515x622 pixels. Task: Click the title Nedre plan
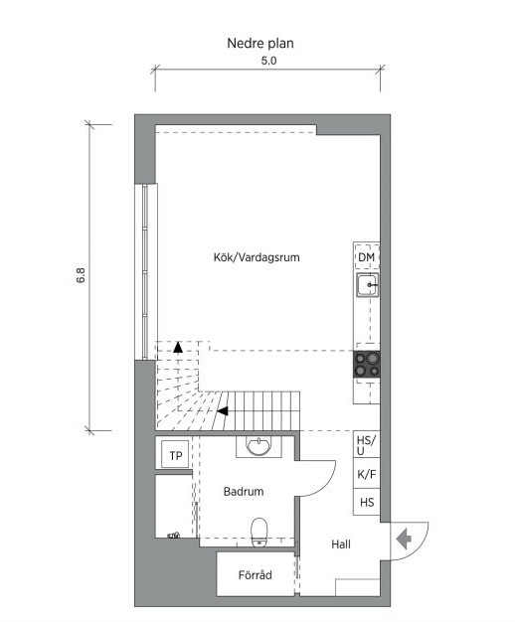pos(260,44)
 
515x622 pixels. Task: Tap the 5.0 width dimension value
pos(268,61)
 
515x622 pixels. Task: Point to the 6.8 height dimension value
pos(81,275)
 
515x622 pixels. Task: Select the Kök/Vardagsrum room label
pos(257,257)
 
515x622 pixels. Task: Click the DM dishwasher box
pos(366,257)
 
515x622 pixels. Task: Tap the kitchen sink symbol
pos(367,285)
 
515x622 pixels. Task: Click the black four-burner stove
pos(367,364)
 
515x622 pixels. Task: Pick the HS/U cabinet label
pos(366,445)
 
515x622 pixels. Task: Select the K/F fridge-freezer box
pos(367,474)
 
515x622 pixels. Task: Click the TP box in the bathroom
pos(176,455)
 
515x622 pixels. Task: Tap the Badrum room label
pos(244,492)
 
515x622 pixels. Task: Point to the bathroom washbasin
pos(258,446)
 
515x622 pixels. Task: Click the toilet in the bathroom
pos(259,532)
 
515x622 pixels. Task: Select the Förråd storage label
pos(255,574)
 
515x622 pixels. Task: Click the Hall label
pos(341,544)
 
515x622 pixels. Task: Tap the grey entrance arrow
pos(404,540)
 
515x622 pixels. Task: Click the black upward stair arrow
pos(178,348)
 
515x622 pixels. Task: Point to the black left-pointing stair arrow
pos(223,411)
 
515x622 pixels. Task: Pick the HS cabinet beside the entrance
pos(367,502)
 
